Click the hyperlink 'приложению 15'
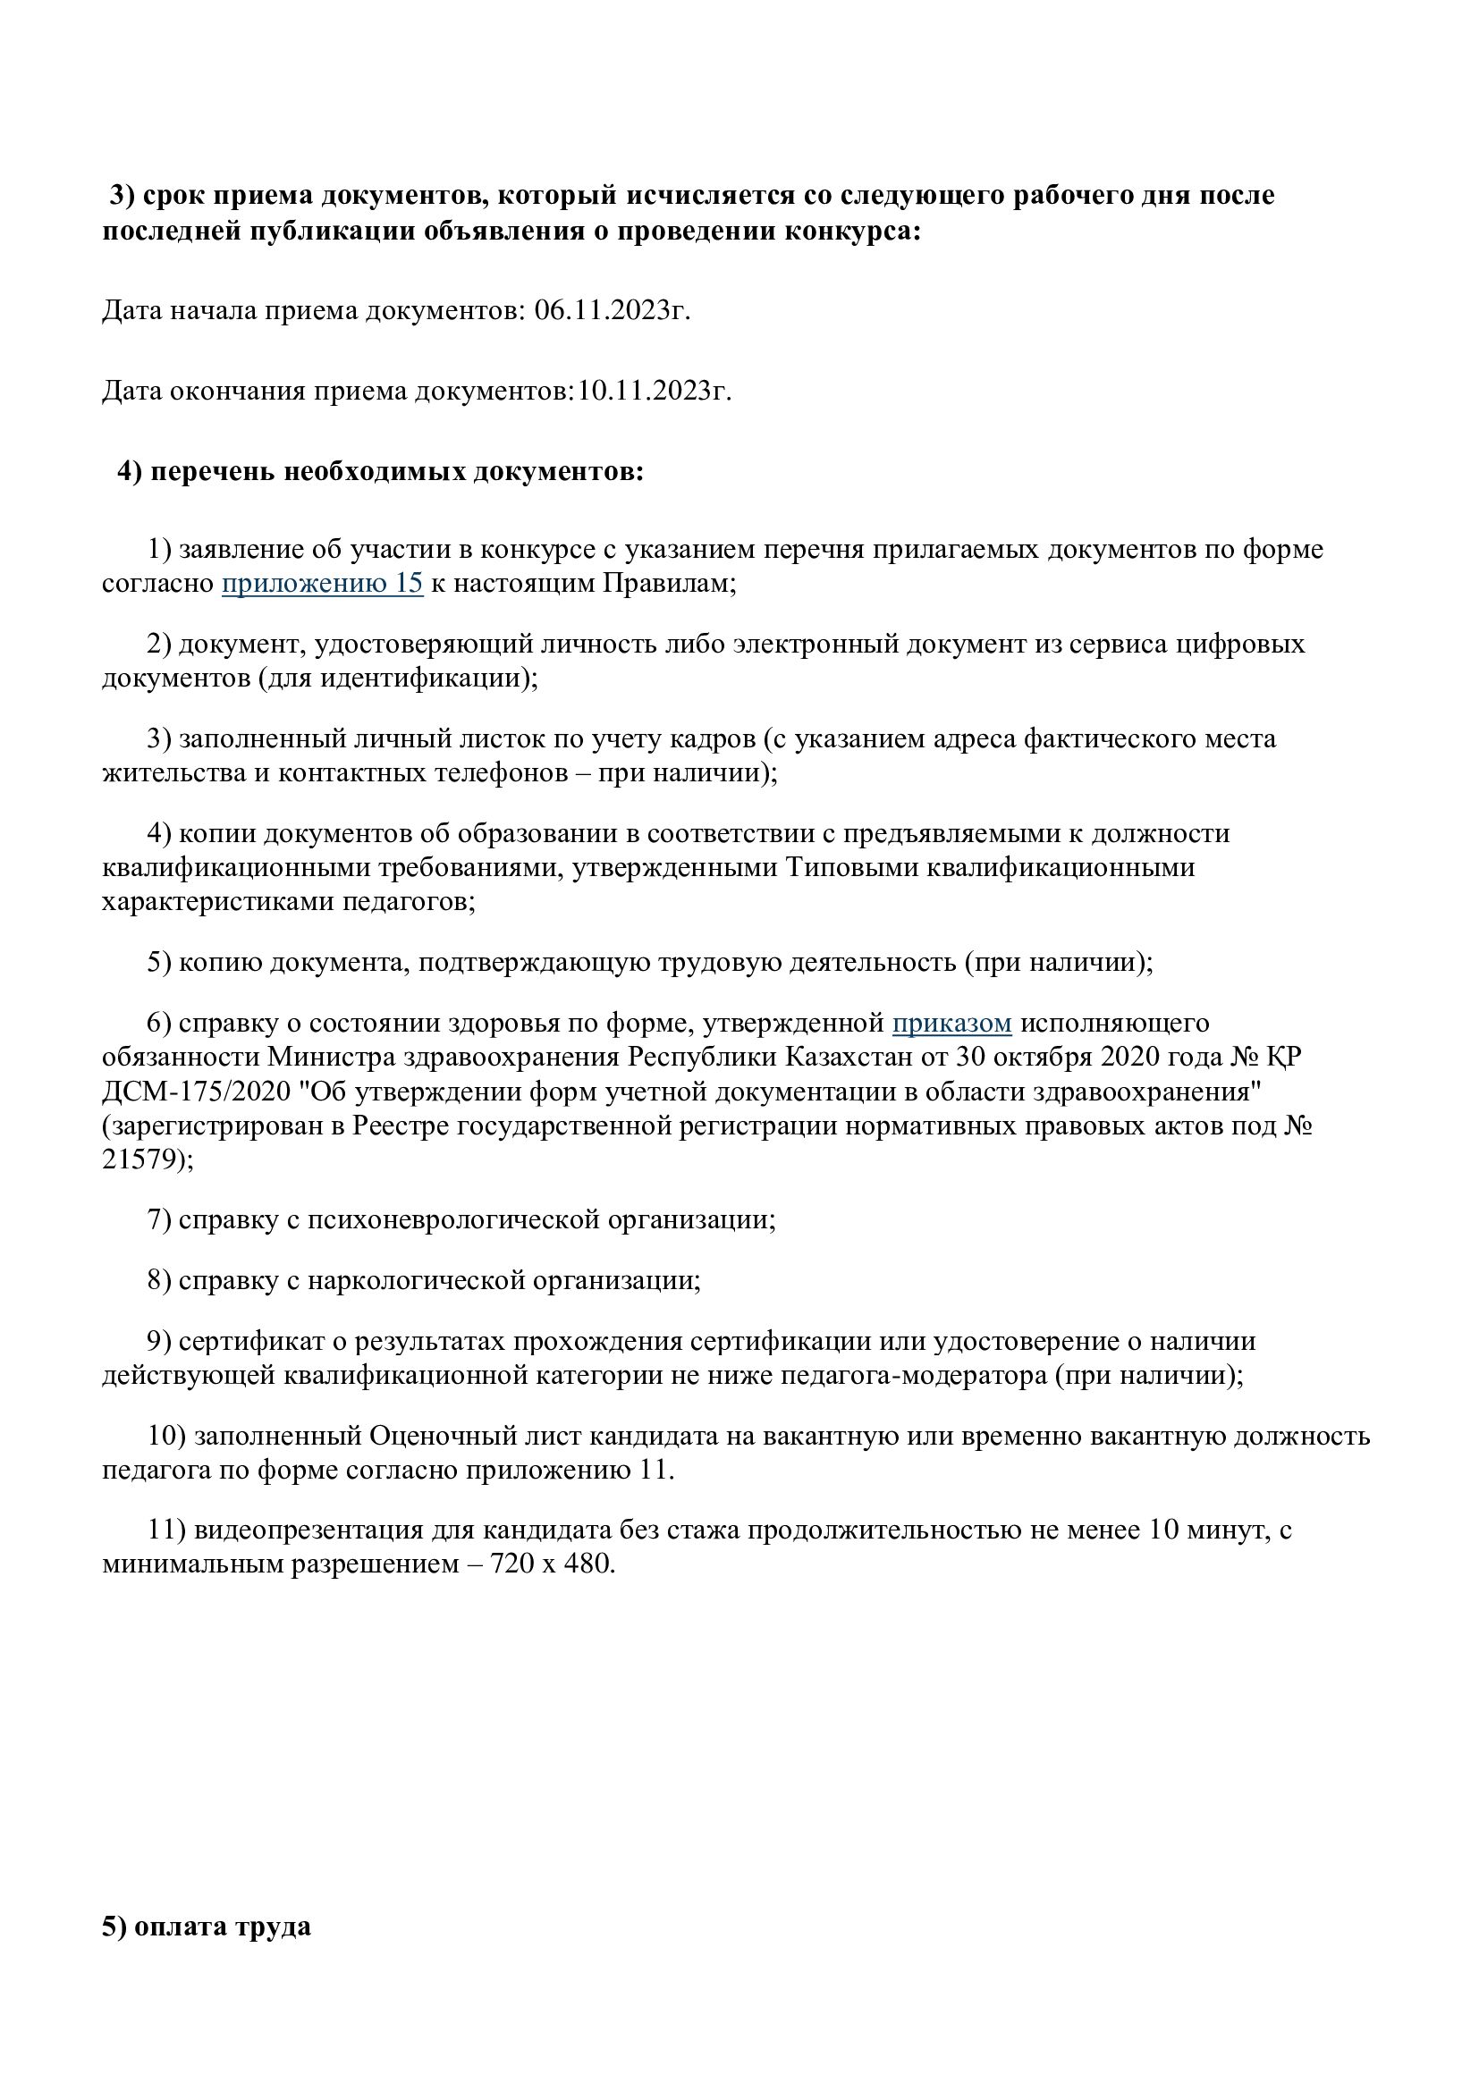pyautogui.click(x=323, y=583)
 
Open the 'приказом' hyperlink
pyautogui.click(x=951, y=1024)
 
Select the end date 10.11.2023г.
pyautogui.click(x=654, y=391)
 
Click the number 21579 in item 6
pyautogui.click(x=143, y=1160)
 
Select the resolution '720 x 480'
pyautogui.click(x=552, y=1564)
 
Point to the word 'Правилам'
pyautogui.click(x=668, y=583)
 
